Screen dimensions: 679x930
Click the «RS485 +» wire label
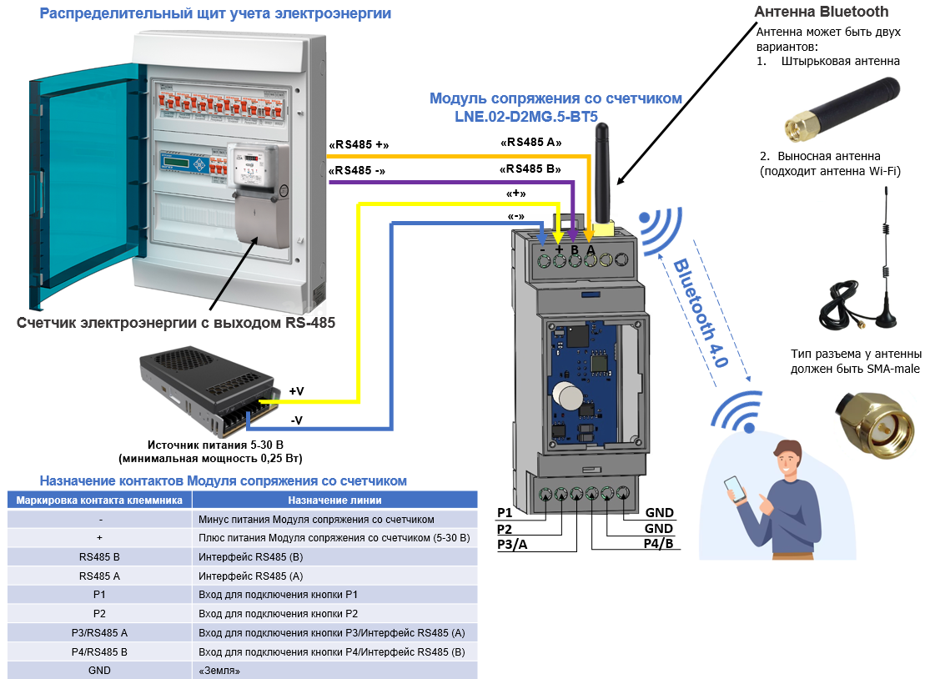tap(359, 145)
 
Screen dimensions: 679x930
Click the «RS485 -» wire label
tap(357, 171)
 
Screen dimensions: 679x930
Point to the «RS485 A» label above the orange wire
tap(530, 143)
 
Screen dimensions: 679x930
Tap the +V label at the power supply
tap(297, 390)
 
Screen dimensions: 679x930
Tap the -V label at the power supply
tap(296, 420)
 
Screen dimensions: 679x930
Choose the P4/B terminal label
tap(658, 544)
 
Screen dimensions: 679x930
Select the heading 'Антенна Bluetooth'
tap(821, 12)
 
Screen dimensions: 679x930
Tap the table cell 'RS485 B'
tap(99, 556)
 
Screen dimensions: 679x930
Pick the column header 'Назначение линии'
tap(334, 500)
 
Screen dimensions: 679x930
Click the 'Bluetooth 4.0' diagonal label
tap(701, 313)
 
